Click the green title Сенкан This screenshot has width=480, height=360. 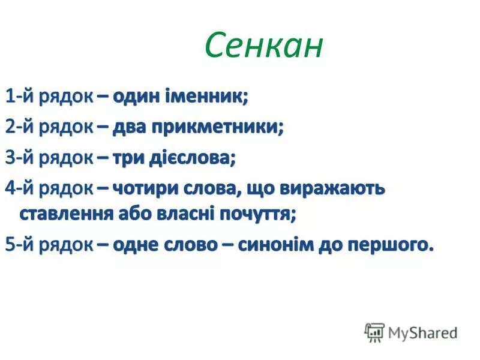point(263,46)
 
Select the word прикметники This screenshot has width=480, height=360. point(217,127)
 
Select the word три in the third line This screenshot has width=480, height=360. point(127,158)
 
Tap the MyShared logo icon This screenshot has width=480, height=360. point(374,332)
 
